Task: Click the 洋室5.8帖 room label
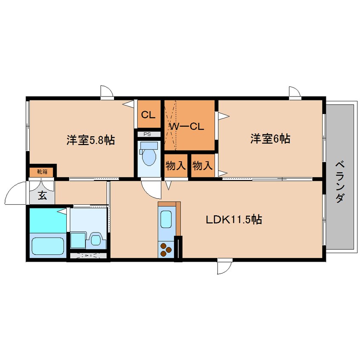tap(90, 140)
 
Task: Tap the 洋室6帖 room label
tap(270, 139)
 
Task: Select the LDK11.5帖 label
tap(234, 220)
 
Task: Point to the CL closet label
tap(148, 114)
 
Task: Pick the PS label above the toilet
tap(148, 134)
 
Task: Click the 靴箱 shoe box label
tap(42, 172)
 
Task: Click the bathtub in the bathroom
tap(47, 246)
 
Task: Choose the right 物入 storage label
tap(202, 166)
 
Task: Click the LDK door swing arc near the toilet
tap(151, 190)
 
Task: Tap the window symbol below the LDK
tap(223, 267)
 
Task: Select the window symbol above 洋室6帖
tap(294, 92)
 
